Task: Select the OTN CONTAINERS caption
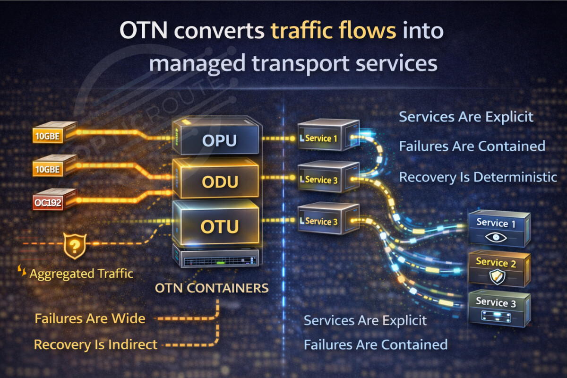pyautogui.click(x=212, y=288)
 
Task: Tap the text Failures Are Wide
pyautogui.click(x=90, y=318)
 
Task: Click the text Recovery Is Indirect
pyautogui.click(x=95, y=345)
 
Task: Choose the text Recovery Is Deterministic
pyautogui.click(x=478, y=177)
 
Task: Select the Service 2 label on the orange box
pyautogui.click(x=496, y=262)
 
